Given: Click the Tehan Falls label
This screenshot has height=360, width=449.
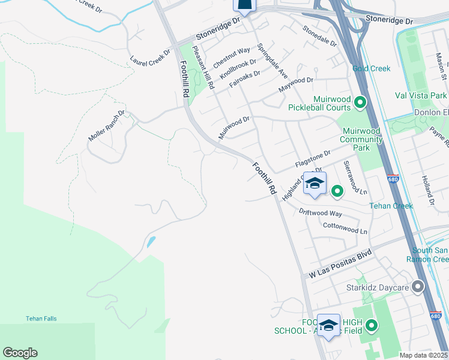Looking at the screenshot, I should coord(41,319).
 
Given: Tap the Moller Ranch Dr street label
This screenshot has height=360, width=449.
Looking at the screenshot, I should coord(106,125).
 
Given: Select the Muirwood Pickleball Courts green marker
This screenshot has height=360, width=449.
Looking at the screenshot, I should coord(360,103).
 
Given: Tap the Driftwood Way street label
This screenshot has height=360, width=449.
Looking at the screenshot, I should coord(320,213).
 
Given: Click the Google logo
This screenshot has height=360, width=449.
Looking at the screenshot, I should coord(20,353).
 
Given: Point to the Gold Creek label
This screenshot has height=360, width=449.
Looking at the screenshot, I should coord(372,68).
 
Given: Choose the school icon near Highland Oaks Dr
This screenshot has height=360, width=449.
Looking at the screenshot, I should coord(315,184).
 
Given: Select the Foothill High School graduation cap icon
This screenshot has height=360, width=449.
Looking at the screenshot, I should coord(328,325).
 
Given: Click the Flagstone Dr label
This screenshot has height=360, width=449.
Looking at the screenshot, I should coord(313,160).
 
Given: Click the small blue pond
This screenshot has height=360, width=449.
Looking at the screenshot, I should coord(150,242).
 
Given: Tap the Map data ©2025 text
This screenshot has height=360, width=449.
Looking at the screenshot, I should coord(424,355).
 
